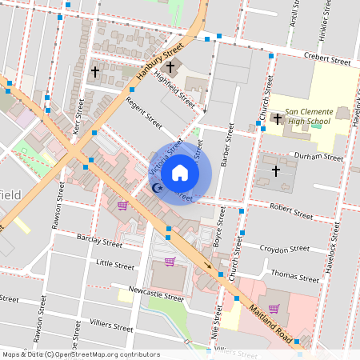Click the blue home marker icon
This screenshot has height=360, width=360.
pos(180,173)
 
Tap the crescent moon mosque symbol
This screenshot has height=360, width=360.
pos(158,188)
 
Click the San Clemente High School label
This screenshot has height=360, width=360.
pos(308,116)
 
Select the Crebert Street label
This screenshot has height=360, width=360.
pos(328,59)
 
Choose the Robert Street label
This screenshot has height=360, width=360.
pos(290,214)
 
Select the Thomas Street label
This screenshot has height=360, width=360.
pos(294,277)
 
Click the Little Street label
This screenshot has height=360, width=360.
pos(115,263)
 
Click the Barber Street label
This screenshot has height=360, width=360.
pos(226,152)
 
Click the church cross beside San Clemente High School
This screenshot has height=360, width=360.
pos(277,119)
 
